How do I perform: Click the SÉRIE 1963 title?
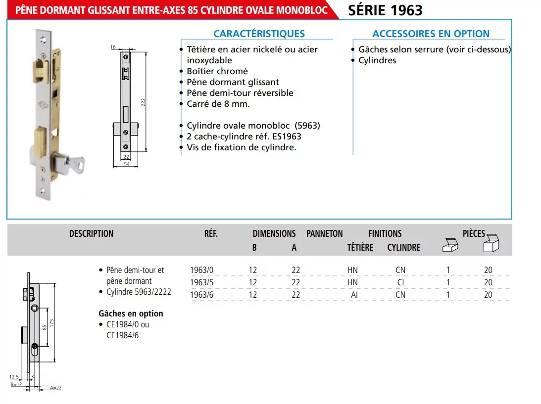pos(385,10)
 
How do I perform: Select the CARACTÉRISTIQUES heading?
pos(259,34)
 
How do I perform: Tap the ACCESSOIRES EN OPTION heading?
pos(431,34)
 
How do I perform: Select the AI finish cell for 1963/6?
pos(354,295)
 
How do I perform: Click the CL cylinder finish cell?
pos(401,282)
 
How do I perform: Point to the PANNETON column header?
pos(324,233)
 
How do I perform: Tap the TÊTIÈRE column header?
pos(360,247)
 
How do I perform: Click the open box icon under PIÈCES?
pos(449,245)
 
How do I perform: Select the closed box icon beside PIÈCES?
pos(491,243)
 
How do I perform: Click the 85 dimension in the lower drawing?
pos(44,327)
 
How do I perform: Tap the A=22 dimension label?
pos(55,388)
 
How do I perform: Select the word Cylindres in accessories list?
pos(377,60)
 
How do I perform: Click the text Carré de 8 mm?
pos(218,104)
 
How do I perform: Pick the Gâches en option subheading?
pos(131,314)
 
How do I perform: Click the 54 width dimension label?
pos(126,164)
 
